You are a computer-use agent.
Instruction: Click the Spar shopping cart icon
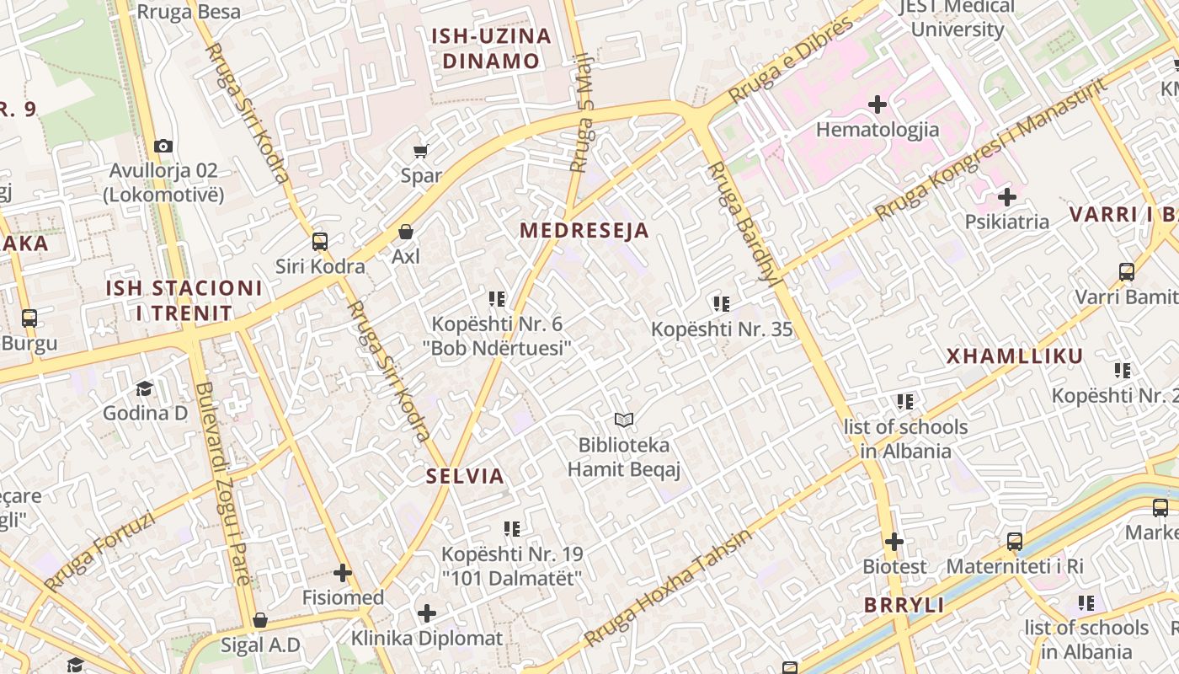[420, 152]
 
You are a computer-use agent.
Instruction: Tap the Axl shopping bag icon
[406, 232]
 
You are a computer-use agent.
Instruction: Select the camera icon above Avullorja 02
[163, 146]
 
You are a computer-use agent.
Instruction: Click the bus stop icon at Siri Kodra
[320, 242]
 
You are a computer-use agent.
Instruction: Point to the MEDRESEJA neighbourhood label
[584, 230]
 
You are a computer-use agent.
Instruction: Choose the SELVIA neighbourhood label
[465, 476]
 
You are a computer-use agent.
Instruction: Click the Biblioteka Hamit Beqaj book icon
[623, 420]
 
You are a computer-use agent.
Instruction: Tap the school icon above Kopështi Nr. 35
[722, 303]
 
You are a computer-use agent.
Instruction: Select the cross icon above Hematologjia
[878, 104]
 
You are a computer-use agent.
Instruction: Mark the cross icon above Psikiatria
[1007, 198]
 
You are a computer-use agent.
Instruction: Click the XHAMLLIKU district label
[1015, 356]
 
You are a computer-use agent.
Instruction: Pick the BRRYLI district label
[904, 605]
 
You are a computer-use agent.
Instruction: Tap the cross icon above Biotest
[894, 542]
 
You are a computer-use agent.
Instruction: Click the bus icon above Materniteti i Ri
[1015, 541]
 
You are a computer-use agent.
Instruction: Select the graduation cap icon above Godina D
[145, 388]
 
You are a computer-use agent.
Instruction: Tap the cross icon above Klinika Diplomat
[427, 612]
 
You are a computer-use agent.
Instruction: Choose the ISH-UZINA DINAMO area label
[491, 48]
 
